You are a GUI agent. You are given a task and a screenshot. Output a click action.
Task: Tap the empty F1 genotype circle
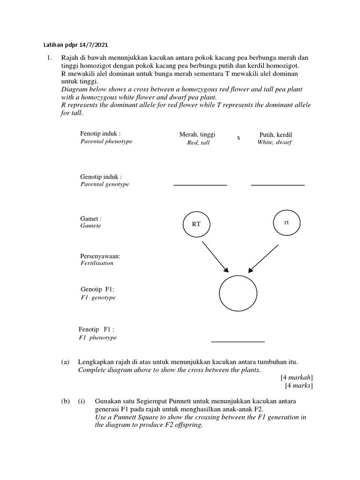[x=239, y=294]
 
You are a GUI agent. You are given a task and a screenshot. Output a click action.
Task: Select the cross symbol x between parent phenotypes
[x=239, y=138]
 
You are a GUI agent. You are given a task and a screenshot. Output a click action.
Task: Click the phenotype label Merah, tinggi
[x=198, y=135]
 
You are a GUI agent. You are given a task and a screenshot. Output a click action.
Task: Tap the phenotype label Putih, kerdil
[x=275, y=135]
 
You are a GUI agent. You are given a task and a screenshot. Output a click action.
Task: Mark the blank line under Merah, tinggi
[x=200, y=185]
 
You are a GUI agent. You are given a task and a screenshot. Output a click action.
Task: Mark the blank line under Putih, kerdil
[x=277, y=185]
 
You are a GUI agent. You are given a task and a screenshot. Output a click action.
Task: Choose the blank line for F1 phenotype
[x=238, y=342]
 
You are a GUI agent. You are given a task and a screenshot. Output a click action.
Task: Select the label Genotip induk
[x=101, y=177]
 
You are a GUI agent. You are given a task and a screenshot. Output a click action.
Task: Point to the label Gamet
[x=91, y=218]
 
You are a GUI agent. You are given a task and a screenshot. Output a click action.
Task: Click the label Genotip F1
[x=97, y=290]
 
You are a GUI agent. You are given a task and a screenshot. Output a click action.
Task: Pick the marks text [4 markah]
[x=297, y=377]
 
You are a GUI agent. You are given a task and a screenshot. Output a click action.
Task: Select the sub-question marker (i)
[x=82, y=401]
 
